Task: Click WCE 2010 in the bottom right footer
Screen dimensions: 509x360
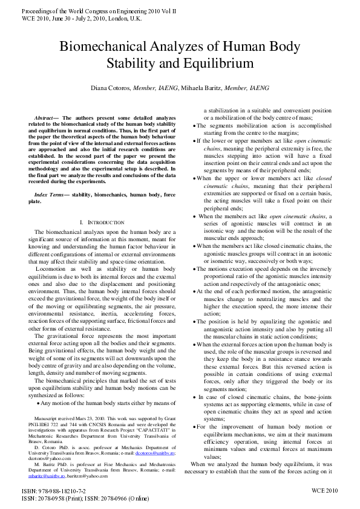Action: tap(324, 491)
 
